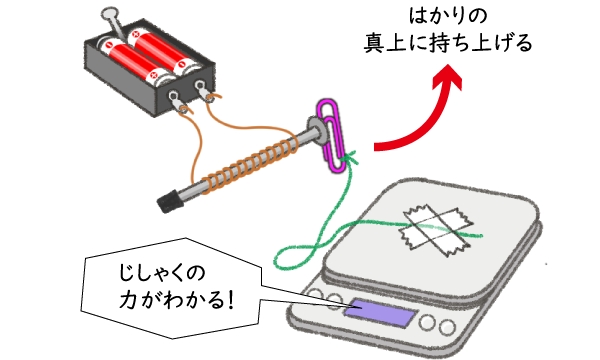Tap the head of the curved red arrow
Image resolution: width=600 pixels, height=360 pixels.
point(455,79)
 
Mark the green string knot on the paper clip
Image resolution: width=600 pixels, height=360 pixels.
point(346,159)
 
